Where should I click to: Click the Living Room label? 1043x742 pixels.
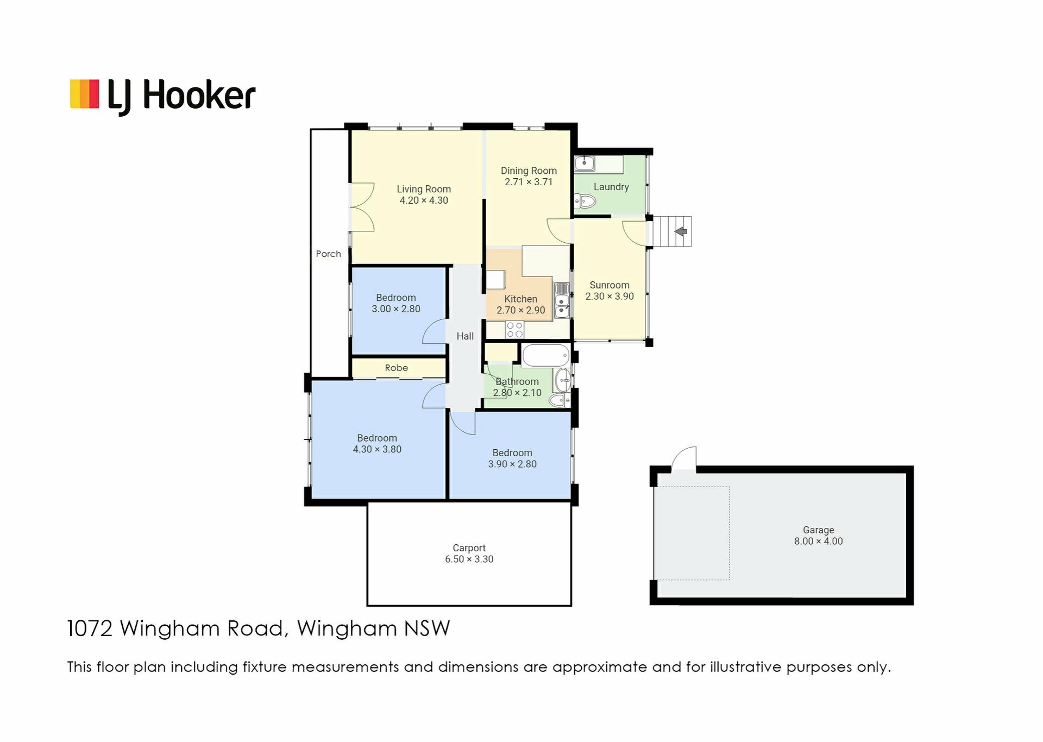pos(424,189)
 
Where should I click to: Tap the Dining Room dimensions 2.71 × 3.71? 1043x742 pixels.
pos(529,182)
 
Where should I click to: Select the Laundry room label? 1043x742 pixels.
pos(611,187)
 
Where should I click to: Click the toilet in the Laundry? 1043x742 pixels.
pos(585,202)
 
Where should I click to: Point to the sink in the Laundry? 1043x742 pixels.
pos(585,163)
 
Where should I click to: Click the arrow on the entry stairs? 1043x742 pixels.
pos(681,231)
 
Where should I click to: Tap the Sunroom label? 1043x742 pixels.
pos(610,285)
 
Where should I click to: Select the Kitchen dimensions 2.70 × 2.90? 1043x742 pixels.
pos(520,310)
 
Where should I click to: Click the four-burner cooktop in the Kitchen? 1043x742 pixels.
pos(514,330)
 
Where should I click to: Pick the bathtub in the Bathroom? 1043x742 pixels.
pos(546,355)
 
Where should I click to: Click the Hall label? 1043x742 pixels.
pos(465,336)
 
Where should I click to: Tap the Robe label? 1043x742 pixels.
pos(397,368)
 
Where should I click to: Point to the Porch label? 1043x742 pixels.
pos(329,254)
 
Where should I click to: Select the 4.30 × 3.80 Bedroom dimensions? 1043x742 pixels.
pos(377,449)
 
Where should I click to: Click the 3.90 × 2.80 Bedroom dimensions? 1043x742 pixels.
pos(512,464)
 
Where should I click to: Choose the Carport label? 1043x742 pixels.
pos(469,548)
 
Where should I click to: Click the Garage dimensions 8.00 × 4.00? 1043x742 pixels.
pos(819,541)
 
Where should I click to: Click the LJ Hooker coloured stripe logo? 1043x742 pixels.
pos(84,94)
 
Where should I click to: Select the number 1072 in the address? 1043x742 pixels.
pos(90,628)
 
